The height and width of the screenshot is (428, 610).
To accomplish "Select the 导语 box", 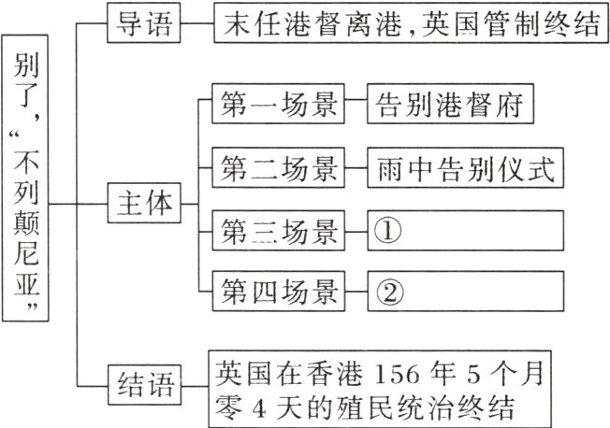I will (142, 25).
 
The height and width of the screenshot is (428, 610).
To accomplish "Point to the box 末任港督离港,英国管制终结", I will (411, 25).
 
